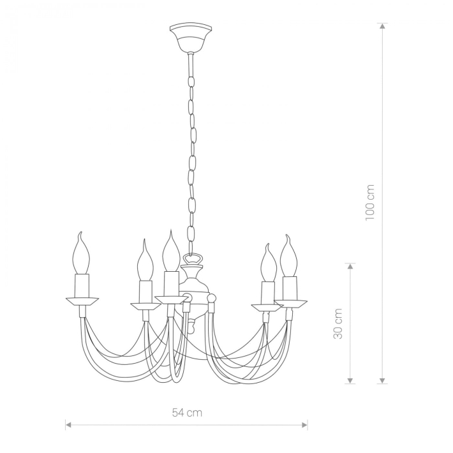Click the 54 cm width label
[x=187, y=413]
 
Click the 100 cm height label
[x=370, y=203]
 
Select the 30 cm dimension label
[x=338, y=323]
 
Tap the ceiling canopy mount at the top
[x=191, y=38]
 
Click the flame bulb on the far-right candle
[x=289, y=256]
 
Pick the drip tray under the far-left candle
[x=82, y=301]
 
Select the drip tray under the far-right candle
[x=291, y=304]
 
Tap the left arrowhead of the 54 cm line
[x=68, y=425]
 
